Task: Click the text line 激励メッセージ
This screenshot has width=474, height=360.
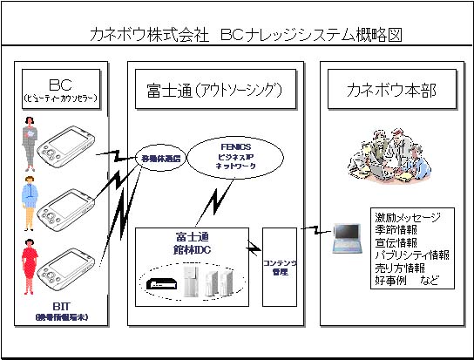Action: point(406,216)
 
